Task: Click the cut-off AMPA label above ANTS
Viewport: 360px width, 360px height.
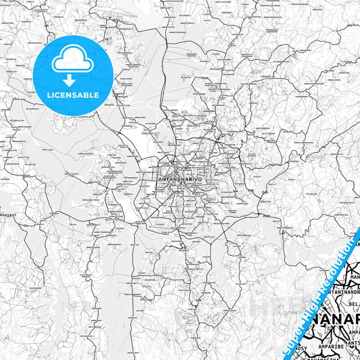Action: (x=352, y=332)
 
